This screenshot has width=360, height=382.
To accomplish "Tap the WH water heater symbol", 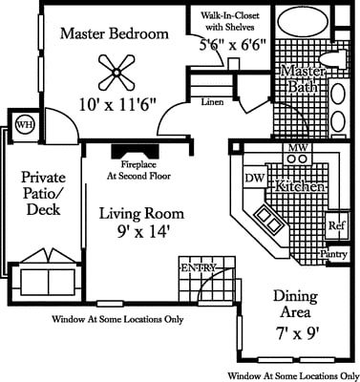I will click(x=23, y=123).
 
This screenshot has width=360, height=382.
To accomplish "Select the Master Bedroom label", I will click(x=115, y=34).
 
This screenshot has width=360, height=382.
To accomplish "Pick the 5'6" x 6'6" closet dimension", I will click(x=232, y=45).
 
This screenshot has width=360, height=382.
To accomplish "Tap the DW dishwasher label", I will click(x=254, y=178).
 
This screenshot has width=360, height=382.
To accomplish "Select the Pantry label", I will click(x=333, y=255).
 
